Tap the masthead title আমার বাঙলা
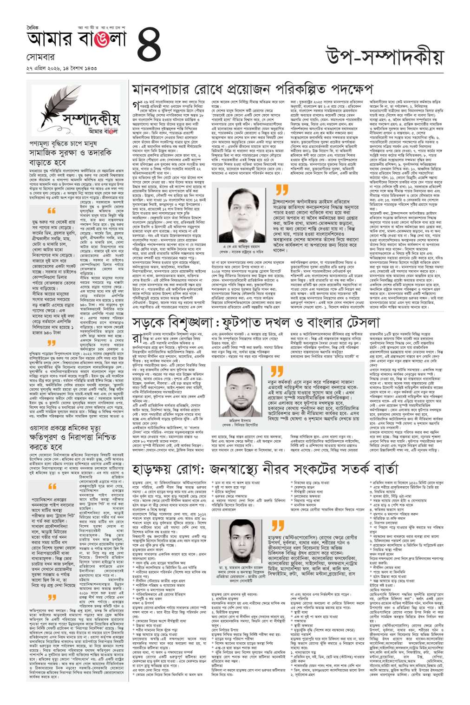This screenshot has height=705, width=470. pos(77,39)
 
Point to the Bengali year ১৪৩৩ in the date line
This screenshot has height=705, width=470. pos(90,68)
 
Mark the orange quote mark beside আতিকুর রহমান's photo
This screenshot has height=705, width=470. pos(281,190)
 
